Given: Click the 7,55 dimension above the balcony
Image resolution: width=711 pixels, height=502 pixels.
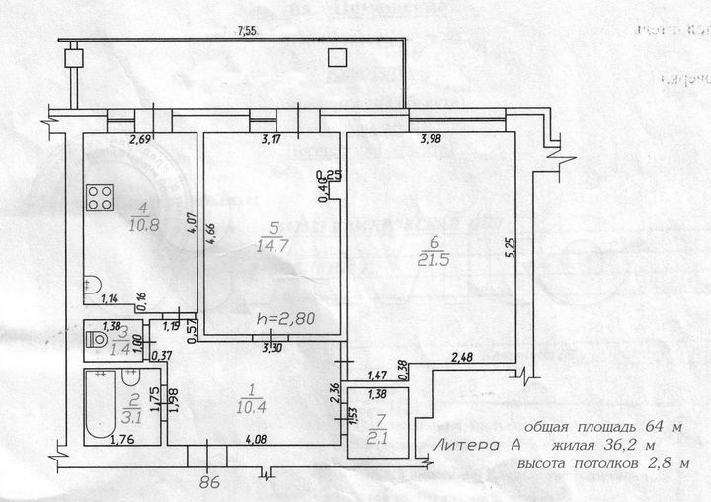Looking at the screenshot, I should pos(245,32).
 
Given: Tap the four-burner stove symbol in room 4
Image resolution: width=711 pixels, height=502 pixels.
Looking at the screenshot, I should pos(99,197).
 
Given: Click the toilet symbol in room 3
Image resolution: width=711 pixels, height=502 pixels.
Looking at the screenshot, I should pos(98,339).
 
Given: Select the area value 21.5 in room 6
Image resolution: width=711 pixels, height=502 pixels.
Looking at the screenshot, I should pos(427,259).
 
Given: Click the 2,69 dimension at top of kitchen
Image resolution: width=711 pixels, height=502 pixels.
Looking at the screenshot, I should pos(140,140).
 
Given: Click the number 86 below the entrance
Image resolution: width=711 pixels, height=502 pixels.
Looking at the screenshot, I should pos(207,483).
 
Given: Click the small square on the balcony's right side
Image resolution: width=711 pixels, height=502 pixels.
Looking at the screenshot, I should pos(338,57).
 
